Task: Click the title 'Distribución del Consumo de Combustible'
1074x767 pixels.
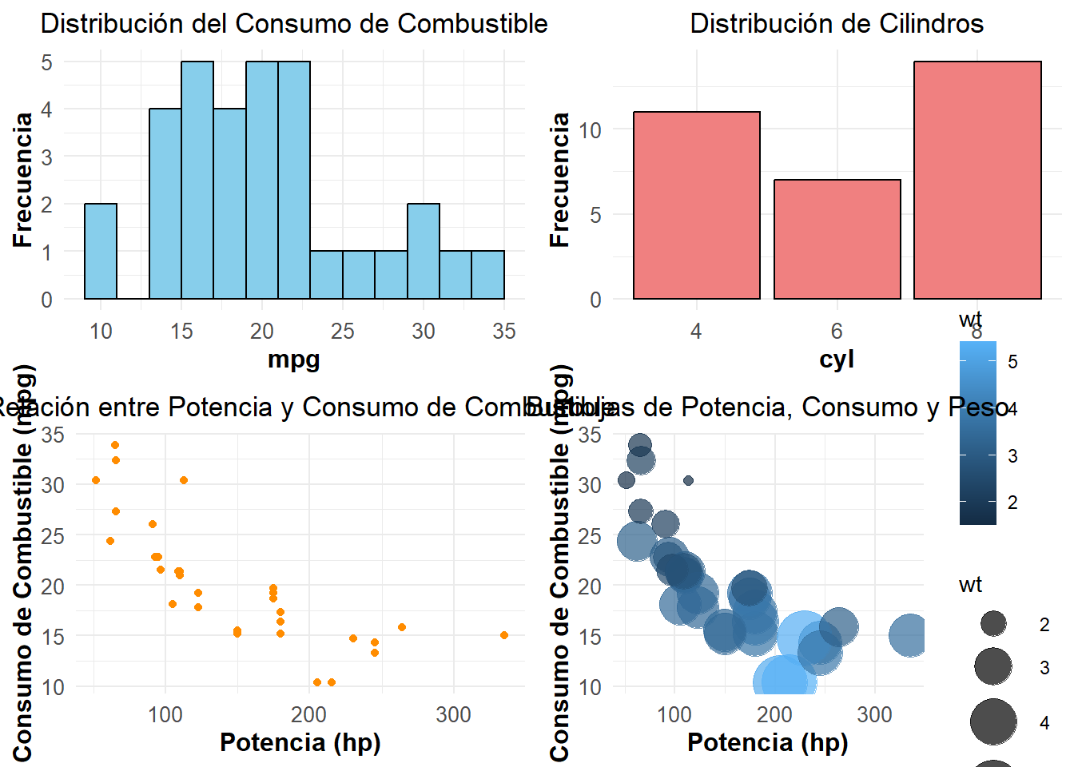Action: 294,24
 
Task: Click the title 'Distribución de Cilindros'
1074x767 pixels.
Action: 837,24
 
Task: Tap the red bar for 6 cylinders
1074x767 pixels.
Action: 837,240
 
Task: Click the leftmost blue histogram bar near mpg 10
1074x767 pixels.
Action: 101,251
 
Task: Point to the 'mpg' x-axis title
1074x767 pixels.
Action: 294,359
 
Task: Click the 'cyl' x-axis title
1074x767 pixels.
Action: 837,359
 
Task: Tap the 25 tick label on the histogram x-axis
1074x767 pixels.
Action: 343,331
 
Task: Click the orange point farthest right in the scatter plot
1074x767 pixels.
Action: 504,635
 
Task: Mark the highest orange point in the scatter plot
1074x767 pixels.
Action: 115,445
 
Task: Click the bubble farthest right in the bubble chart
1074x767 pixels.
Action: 909,635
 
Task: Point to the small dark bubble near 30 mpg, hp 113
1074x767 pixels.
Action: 688,480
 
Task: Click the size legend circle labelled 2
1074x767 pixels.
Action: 993,623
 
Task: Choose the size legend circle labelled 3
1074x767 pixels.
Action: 993,666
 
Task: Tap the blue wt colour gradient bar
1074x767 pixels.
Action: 978,432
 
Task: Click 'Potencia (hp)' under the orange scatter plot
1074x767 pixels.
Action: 300,742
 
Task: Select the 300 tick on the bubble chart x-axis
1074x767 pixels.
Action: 874,714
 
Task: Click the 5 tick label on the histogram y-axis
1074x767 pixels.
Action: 47,62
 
